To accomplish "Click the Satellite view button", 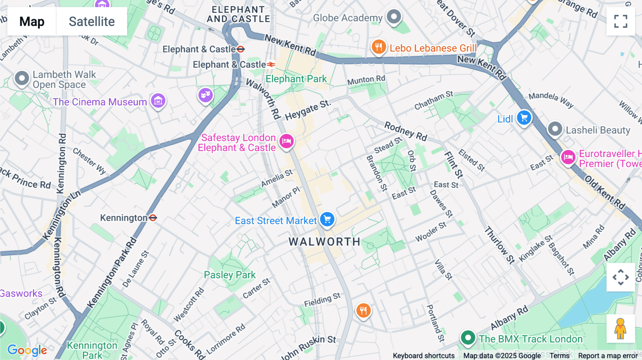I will click(x=92, y=21).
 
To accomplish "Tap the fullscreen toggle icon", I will click(x=621, y=21).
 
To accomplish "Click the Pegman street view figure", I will click(x=621, y=329).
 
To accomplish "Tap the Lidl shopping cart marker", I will click(x=524, y=118).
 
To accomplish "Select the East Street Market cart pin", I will click(x=327, y=219).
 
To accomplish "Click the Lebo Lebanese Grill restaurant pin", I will click(x=378, y=47).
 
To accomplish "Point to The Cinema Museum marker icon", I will click(x=158, y=101).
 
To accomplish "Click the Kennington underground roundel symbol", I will click(x=153, y=217).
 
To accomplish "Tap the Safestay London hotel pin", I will click(x=286, y=141).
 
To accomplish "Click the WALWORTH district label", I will click(x=325, y=242).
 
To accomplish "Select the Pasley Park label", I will click(x=230, y=275).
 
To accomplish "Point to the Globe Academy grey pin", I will click(x=394, y=17).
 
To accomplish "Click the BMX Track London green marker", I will click(x=468, y=337).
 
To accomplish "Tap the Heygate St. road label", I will click(x=308, y=110).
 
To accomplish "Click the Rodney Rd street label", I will click(x=406, y=131).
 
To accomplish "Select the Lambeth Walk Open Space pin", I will click(x=22, y=78).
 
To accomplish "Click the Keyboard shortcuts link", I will click(x=423, y=355).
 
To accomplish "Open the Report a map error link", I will click(x=608, y=355).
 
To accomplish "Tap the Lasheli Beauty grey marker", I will click(x=555, y=129).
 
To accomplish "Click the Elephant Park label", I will click(x=296, y=79).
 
